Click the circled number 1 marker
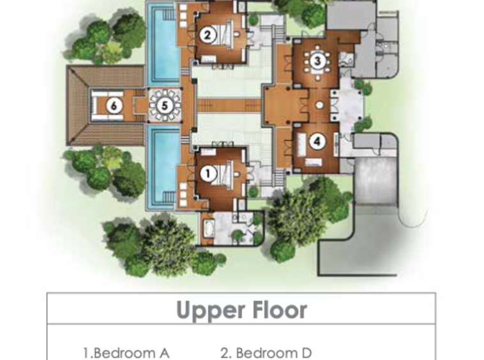click(x=208, y=174)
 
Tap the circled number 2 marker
click(x=208, y=34)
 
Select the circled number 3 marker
click(x=317, y=61)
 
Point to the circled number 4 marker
click(x=317, y=142)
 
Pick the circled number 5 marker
click(x=165, y=105)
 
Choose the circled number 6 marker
click(x=114, y=106)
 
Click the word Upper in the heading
click(x=212, y=310)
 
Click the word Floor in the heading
click(x=280, y=310)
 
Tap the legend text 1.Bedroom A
click(x=126, y=353)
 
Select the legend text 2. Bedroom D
click(x=266, y=353)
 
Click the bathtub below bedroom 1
click(x=209, y=229)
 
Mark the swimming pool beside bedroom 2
click(x=163, y=44)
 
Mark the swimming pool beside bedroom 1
click(x=163, y=167)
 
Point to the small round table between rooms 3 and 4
click(x=319, y=105)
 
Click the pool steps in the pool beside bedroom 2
click(x=169, y=14)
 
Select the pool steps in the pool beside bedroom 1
click(x=169, y=197)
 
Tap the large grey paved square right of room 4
click(x=375, y=181)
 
